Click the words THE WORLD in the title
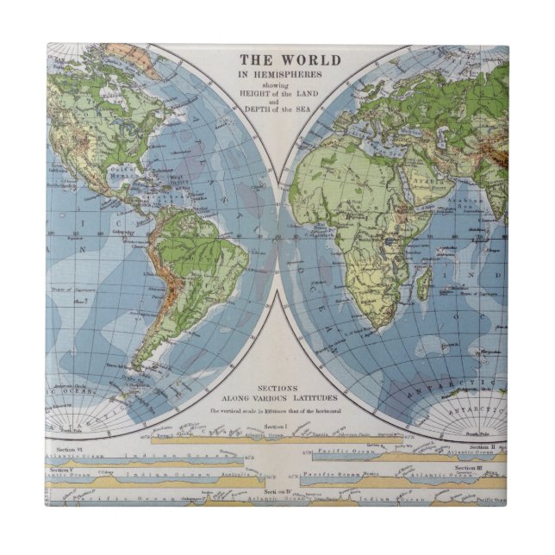290,60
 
